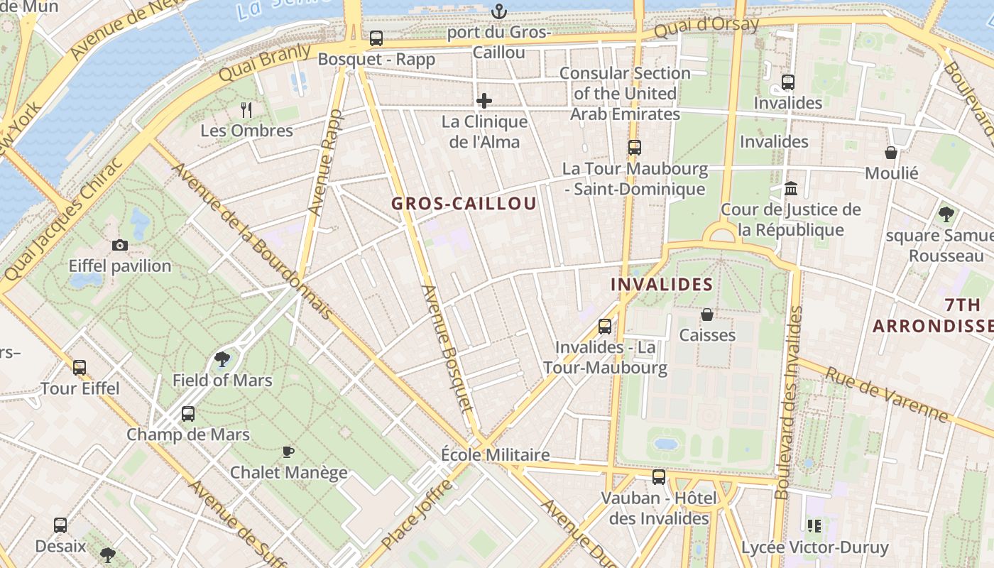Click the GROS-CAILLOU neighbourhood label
tap(464, 204)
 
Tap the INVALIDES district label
tap(662, 285)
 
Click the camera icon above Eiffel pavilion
tap(120, 246)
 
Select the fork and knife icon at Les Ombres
tap(246, 109)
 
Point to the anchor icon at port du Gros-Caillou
tap(499, 11)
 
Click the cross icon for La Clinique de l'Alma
tap(484, 101)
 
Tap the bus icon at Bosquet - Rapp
tap(376, 38)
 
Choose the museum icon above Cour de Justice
tap(791, 189)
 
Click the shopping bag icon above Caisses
tap(707, 314)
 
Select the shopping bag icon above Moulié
tap(891, 153)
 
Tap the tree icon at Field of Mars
tap(222, 359)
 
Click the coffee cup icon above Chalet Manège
tap(288, 452)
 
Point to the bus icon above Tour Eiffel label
tap(80, 368)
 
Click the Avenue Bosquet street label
tap(447, 348)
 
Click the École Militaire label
tap(495, 455)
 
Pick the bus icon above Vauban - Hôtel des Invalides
tap(659, 477)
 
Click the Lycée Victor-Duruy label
tap(814, 548)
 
